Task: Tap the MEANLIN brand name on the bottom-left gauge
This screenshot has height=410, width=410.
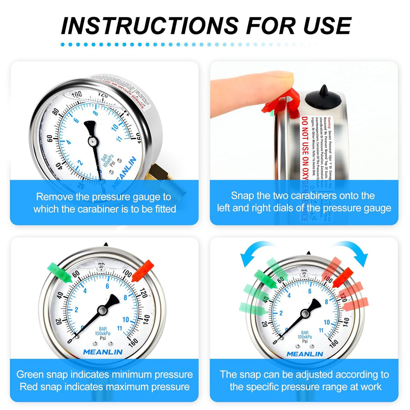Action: point(102,352)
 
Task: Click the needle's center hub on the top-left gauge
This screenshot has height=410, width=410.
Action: point(93,141)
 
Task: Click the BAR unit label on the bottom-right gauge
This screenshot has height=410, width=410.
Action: point(305,333)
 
